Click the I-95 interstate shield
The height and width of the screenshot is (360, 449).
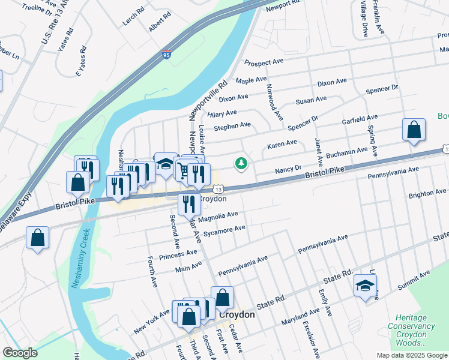[x=166, y=56]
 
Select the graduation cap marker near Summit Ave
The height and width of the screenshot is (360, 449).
[x=364, y=286]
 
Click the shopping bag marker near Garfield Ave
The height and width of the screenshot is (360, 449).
[x=414, y=130]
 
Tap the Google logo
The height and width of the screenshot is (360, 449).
[x=20, y=353]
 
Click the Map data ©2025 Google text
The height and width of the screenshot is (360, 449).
[x=411, y=355]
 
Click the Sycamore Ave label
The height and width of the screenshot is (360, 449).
[x=224, y=230]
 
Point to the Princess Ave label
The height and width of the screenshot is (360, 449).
[x=178, y=255]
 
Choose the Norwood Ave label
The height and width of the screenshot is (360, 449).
[x=275, y=101]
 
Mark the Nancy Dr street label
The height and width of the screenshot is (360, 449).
[x=288, y=170]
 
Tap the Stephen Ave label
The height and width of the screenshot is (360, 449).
[x=232, y=126]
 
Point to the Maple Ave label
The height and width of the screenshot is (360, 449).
[x=251, y=80]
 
